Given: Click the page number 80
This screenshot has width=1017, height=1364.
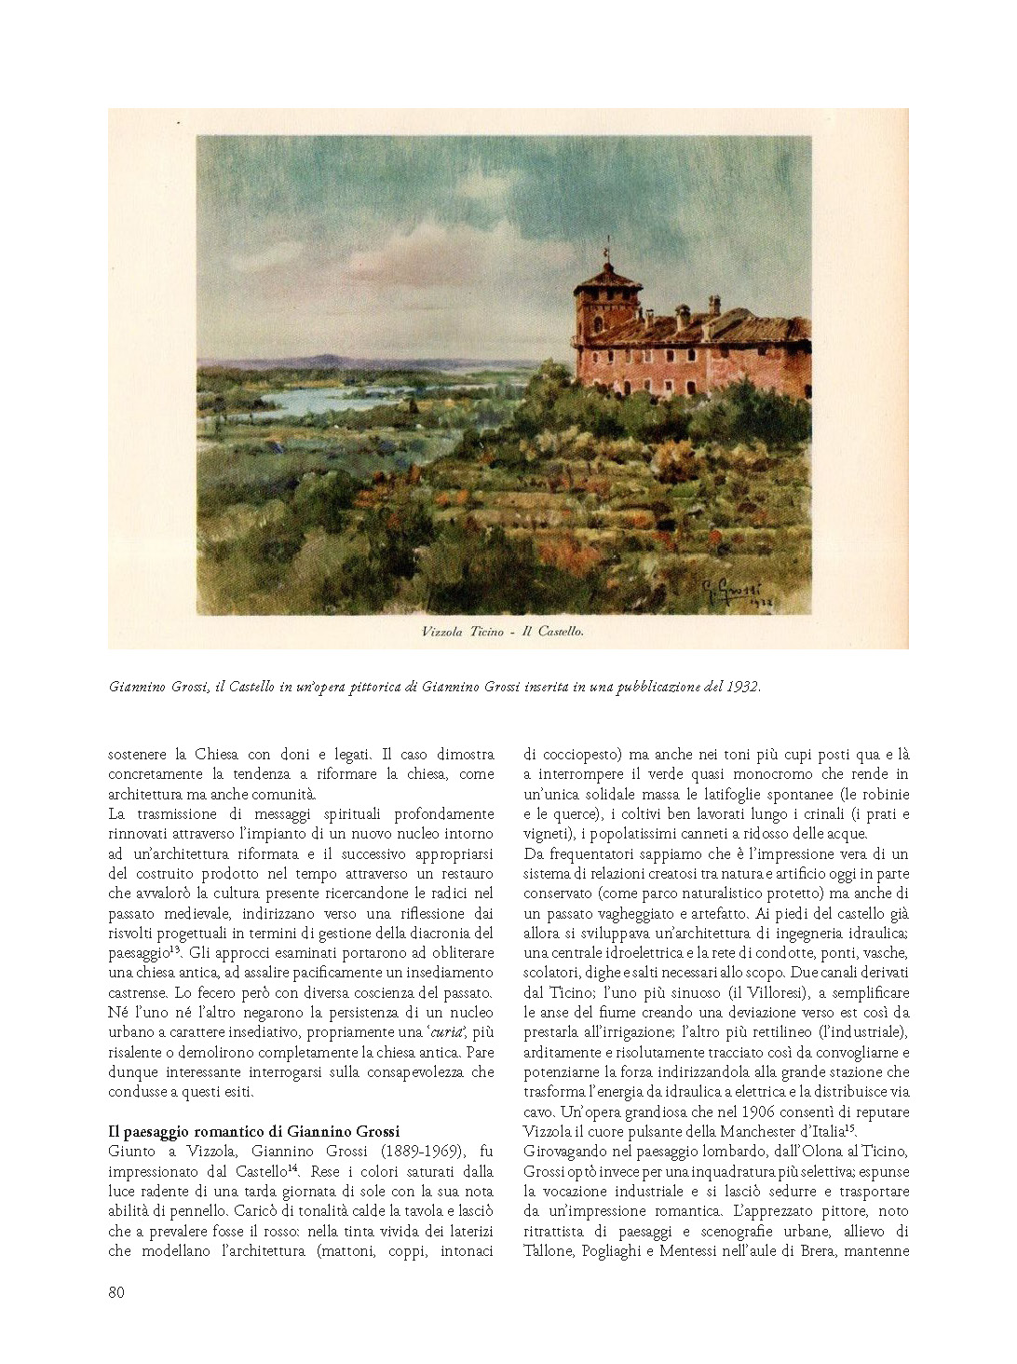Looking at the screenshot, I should [116, 1291].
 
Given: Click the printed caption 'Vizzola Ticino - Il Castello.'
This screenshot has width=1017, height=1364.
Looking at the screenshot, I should [503, 632].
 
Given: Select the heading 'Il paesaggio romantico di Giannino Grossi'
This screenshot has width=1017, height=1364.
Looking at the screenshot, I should [253, 1131].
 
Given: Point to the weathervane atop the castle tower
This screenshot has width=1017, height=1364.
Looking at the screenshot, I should [607, 251].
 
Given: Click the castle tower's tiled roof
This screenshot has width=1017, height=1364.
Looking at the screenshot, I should [608, 278].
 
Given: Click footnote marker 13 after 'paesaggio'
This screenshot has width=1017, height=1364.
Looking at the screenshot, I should [175, 949].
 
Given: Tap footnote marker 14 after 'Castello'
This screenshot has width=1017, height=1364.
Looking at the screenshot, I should [292, 1168].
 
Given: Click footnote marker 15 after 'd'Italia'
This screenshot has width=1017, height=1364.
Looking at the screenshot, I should [849, 1128].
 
